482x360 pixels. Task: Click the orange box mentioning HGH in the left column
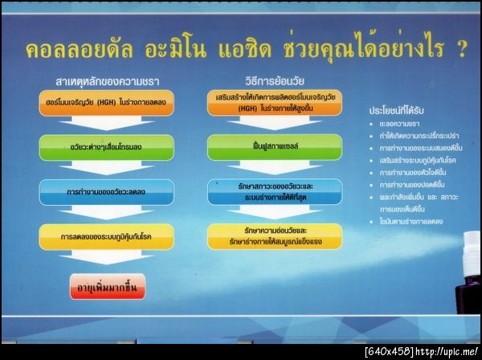pos(95,101)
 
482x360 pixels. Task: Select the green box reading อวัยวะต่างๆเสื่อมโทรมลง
pos(95,147)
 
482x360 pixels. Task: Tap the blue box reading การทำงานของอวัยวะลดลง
pos(95,192)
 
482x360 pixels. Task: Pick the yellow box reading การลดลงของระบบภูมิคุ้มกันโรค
pos(95,236)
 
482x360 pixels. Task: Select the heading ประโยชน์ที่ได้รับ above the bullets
pos(395,108)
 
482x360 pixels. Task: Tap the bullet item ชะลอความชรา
pos(402,125)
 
